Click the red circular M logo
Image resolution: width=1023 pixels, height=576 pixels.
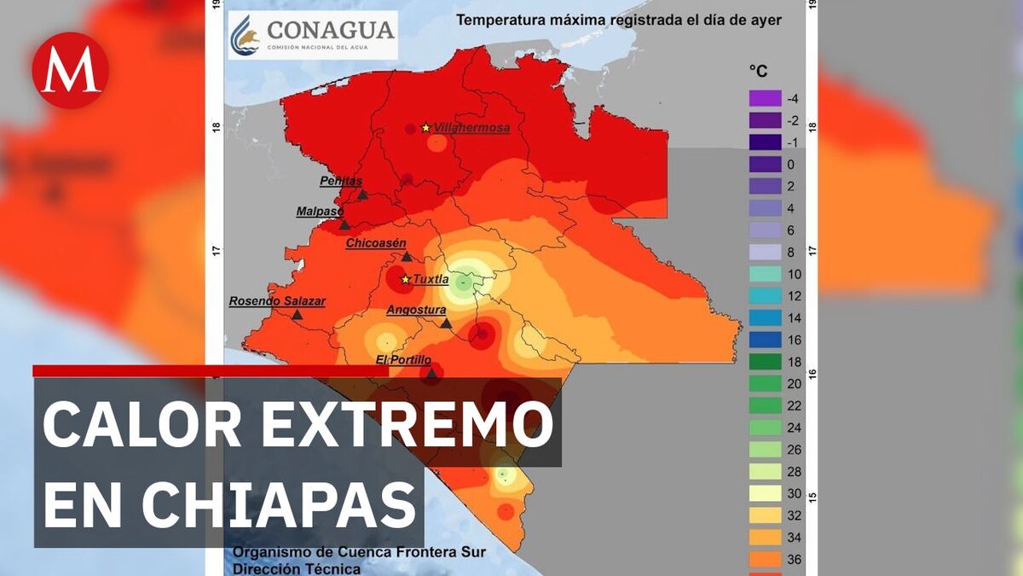pos(70,70)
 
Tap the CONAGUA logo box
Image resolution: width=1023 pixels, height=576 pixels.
pos(312,35)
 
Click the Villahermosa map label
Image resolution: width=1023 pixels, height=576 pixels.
pos(471,128)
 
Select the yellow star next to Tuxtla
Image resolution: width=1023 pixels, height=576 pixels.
pos(406,279)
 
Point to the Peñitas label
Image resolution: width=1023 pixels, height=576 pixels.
pos(341,181)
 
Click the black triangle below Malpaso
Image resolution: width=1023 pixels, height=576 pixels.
pos(344,224)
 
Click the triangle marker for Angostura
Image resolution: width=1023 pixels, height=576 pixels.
pos(446,323)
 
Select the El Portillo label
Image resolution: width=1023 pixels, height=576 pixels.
pos(403,360)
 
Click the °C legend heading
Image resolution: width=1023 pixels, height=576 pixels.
pos(758,72)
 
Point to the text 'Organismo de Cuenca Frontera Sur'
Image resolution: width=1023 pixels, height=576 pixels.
pos(359,552)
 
